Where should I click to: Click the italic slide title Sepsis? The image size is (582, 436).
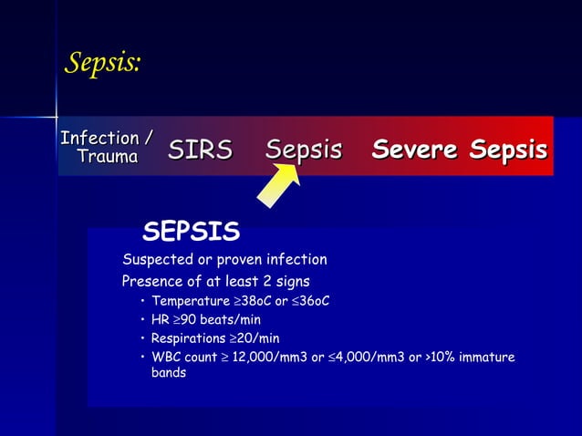[x=102, y=63]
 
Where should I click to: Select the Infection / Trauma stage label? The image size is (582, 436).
[x=106, y=148]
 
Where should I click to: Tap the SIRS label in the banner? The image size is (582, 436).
[x=200, y=150]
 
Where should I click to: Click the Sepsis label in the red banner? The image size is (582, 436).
[x=304, y=150]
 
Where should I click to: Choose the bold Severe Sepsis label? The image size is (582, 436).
[x=459, y=150]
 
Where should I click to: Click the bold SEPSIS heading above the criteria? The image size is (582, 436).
[x=191, y=232]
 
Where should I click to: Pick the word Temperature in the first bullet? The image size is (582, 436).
[x=189, y=301]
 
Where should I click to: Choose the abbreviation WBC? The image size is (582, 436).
[x=166, y=357]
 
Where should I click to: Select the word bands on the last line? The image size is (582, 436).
[x=169, y=373]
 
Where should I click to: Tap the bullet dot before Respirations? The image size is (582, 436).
[x=142, y=338]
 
